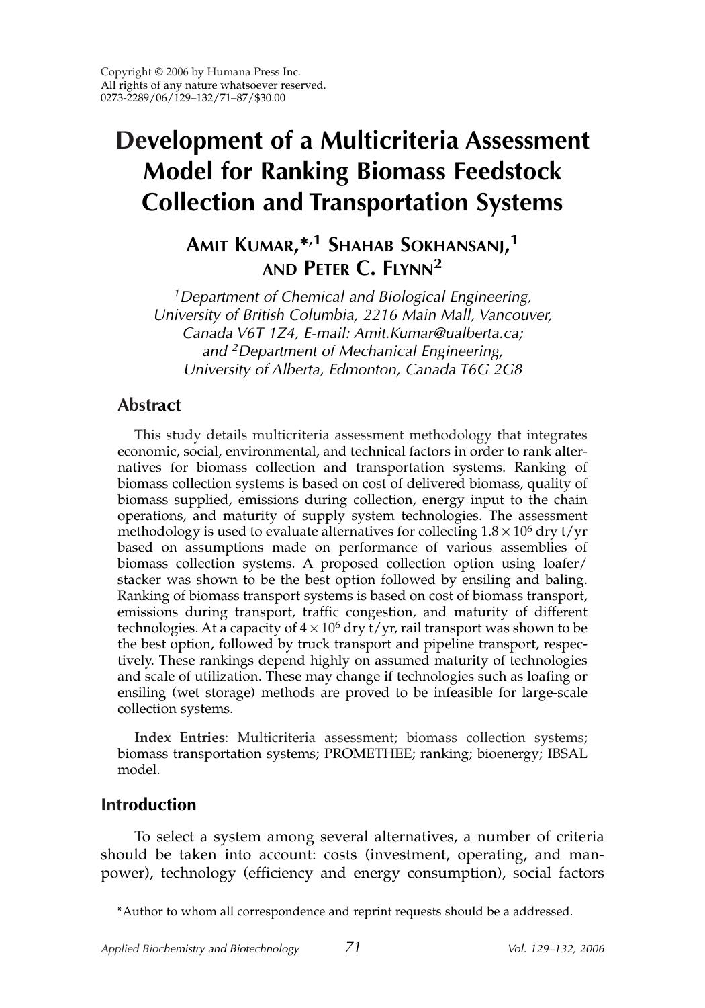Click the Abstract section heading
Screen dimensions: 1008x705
tap(149, 405)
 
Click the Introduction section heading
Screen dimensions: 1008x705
tap(148, 805)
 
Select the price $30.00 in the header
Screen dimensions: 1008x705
tap(270, 98)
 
